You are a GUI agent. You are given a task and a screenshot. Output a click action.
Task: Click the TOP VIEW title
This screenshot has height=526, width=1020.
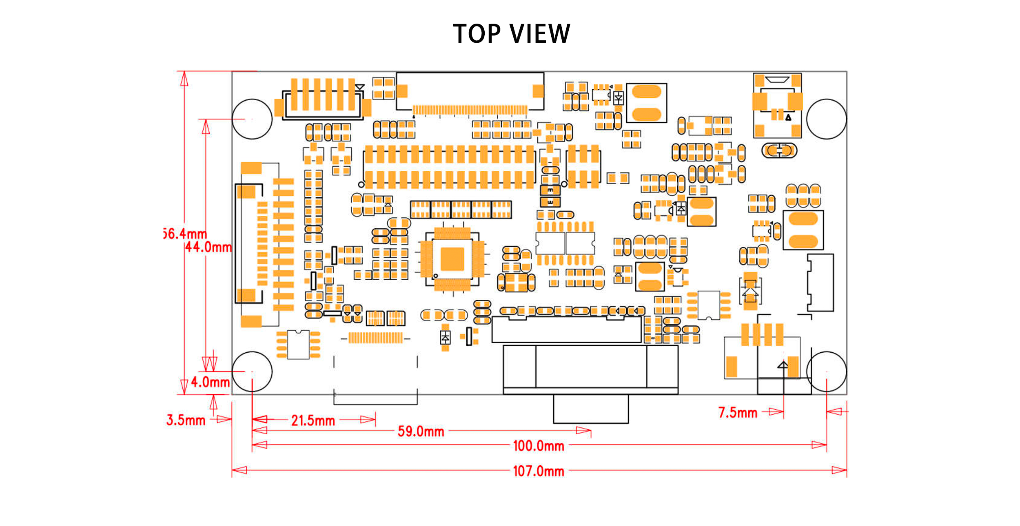(x=512, y=33)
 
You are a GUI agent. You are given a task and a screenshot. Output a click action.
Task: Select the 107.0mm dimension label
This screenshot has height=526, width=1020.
(x=539, y=471)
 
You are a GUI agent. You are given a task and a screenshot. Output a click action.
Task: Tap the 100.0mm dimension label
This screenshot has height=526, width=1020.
(x=539, y=446)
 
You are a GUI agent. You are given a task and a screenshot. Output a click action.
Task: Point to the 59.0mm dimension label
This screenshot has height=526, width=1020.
(x=421, y=431)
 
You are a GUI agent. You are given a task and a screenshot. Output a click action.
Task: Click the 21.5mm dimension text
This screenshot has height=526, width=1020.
(x=313, y=420)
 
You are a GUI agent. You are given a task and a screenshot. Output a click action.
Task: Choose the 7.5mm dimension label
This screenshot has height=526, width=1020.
(x=738, y=413)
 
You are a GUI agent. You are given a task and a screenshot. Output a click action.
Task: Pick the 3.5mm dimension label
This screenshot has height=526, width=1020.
(x=186, y=420)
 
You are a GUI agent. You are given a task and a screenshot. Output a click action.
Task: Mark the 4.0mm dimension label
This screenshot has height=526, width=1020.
(x=210, y=382)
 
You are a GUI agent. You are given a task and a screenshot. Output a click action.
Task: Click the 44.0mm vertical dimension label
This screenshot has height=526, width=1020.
(x=208, y=247)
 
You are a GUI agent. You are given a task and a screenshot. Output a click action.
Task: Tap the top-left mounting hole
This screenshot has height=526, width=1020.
(x=252, y=119)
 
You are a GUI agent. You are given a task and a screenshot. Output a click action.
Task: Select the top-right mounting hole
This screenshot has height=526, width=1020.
(x=826, y=119)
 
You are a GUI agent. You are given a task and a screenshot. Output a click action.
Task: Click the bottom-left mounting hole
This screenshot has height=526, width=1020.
(x=252, y=371)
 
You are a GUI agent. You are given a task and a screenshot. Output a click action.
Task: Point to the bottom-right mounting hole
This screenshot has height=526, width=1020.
(x=826, y=371)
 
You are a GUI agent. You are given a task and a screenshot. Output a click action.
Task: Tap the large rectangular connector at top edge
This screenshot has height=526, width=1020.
(x=470, y=91)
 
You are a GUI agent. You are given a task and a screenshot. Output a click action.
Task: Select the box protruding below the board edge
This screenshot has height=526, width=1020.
(x=590, y=409)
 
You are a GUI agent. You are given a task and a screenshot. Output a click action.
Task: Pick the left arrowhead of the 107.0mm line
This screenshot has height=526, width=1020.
(x=239, y=470)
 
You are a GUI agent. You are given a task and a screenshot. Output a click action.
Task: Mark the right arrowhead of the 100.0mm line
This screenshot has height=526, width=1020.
(x=819, y=445)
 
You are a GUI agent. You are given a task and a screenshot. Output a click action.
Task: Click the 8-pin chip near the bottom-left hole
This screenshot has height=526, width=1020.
(x=298, y=345)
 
